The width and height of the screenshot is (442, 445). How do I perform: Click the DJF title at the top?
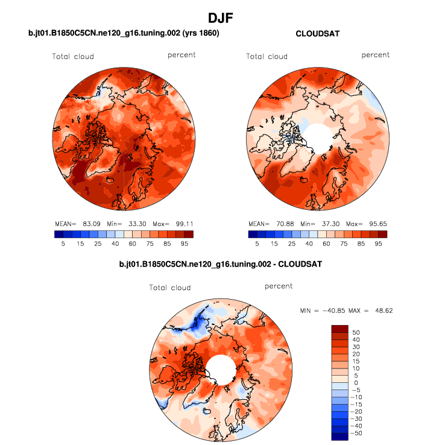[x=220, y=18]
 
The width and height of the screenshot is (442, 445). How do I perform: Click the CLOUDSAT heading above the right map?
[x=317, y=34]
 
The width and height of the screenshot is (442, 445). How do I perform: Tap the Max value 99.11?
[x=181, y=223]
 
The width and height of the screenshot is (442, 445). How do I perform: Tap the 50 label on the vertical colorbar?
[x=356, y=332]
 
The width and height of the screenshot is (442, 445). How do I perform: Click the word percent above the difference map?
[x=278, y=286]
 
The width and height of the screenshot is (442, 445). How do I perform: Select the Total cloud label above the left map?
[x=72, y=57]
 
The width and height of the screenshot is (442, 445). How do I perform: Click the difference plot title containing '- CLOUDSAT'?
[x=221, y=264]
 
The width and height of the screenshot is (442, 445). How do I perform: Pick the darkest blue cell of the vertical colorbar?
[x=339, y=436]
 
